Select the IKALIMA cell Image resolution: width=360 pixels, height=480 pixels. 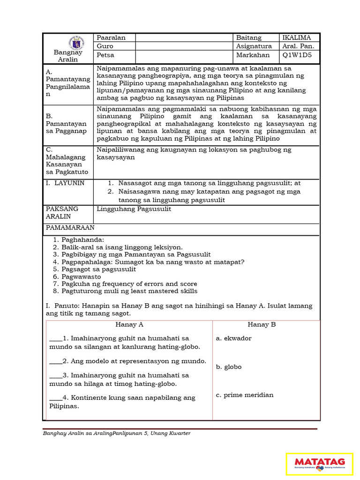coord(300,37)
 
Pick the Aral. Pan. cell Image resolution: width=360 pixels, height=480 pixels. coord(299,46)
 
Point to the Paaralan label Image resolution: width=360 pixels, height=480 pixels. coord(111,37)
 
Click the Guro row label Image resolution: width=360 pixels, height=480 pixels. coord(105,46)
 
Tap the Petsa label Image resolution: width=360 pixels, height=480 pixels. coord(105,55)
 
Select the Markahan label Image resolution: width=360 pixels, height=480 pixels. coord(253,55)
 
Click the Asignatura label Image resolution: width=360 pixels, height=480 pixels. coord(254,46)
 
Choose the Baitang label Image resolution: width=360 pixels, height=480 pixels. coord(249,37)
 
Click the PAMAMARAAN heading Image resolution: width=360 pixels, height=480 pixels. coord(70,227)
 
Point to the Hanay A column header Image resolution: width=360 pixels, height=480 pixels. coord(129,324)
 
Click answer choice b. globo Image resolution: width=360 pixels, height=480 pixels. coord(229,367)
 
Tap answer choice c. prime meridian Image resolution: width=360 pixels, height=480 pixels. coord(245,395)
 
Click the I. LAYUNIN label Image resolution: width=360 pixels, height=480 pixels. coord(65,183)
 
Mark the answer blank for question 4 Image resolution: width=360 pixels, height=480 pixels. coord(55,398)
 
